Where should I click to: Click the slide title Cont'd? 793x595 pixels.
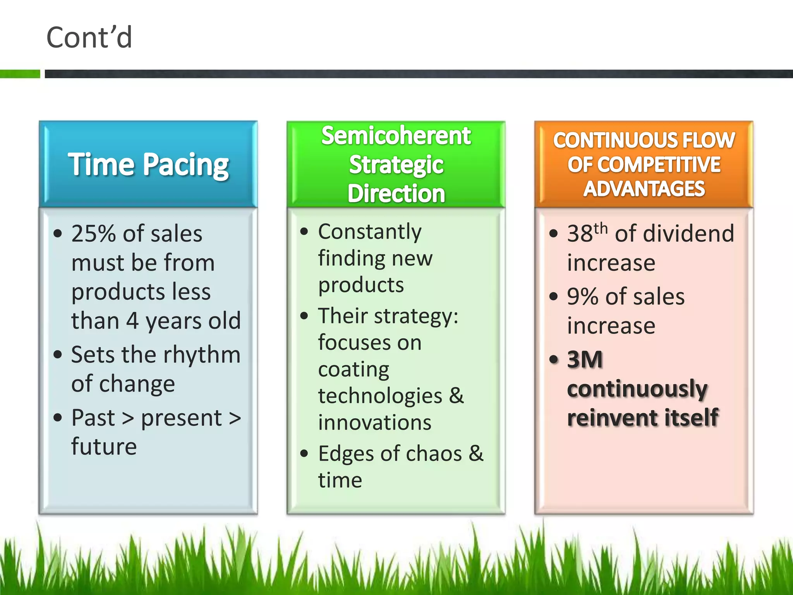pos(89,38)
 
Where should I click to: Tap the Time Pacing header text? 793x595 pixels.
pos(148,165)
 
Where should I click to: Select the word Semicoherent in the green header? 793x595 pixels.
pos(396,136)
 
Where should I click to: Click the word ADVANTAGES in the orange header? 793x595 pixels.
pos(644,189)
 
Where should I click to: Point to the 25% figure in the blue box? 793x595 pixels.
pos(95,234)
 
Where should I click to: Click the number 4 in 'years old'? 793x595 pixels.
pos(132,321)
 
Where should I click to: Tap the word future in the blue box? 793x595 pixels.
pos(104,447)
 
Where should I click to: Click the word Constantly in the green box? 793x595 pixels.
pos(370,232)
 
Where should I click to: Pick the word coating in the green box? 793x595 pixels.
pos(354,370)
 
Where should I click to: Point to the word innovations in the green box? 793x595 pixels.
pos(374,423)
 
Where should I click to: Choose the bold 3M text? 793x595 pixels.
pos(585,359)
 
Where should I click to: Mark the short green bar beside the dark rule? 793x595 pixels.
pos(20,74)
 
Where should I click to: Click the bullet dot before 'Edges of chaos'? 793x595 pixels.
pos(304,453)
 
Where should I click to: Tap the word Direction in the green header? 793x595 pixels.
pos(396,194)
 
